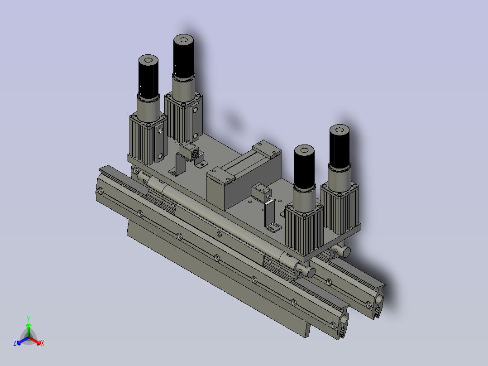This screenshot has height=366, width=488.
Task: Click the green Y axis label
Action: pyautogui.click(x=29, y=318)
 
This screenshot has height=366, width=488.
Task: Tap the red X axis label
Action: pyautogui.click(x=43, y=343)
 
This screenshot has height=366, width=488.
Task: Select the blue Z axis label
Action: pyautogui.click(x=15, y=343)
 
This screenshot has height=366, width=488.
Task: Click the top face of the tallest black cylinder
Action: pyautogui.click(x=184, y=40)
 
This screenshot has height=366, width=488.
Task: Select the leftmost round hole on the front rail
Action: pyautogui.click(x=100, y=190)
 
